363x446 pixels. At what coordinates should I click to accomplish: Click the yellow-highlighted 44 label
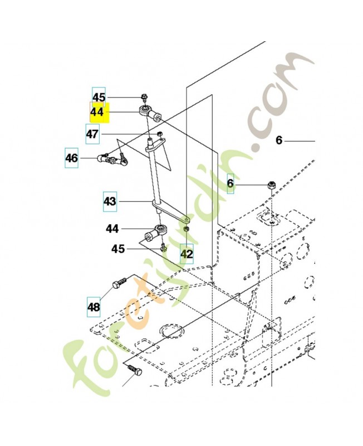tap(99, 112)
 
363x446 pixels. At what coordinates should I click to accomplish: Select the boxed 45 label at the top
tap(99, 96)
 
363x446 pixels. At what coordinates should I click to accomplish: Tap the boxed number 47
tap(92, 134)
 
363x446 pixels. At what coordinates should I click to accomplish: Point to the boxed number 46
tap(72, 158)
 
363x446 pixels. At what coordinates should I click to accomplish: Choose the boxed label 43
tap(110, 201)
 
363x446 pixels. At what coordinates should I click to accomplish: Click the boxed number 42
tap(187, 254)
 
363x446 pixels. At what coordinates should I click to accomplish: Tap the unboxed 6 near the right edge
tap(279, 140)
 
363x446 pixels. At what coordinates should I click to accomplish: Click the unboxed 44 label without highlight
tap(112, 229)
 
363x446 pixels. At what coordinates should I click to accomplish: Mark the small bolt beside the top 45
tap(145, 98)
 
